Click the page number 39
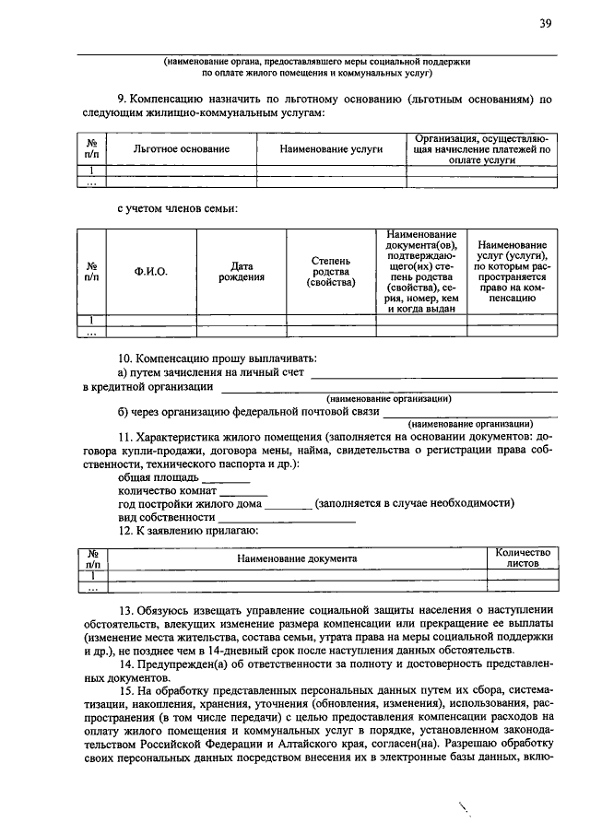click(545, 24)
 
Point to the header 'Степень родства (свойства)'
click(330, 271)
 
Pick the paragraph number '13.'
click(125, 610)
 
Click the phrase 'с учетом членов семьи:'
click(178, 209)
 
